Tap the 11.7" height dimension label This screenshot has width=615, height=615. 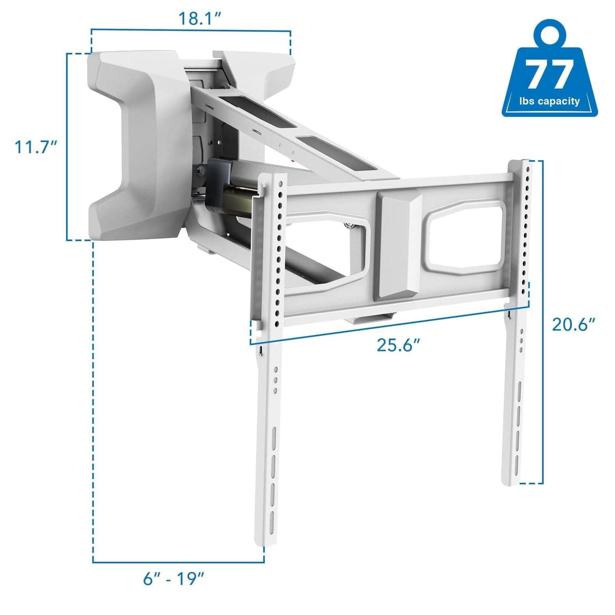(34, 147)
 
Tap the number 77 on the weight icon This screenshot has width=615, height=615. (550, 74)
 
